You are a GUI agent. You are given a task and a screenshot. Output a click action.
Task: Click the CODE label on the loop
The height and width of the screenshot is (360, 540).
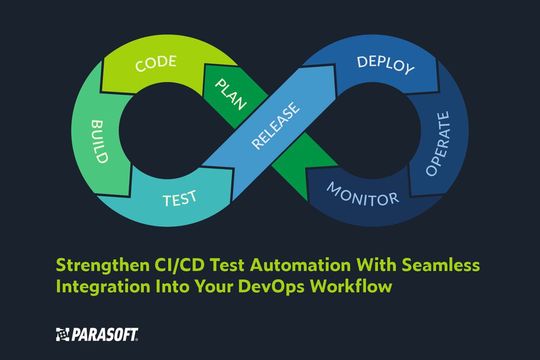[x=156, y=63]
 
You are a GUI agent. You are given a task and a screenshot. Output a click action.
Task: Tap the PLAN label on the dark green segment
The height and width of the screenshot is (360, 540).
[x=230, y=94]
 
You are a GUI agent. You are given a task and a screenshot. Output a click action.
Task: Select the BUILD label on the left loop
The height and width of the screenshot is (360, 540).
[x=100, y=141]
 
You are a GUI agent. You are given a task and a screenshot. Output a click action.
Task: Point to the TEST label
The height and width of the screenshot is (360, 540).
[x=180, y=199]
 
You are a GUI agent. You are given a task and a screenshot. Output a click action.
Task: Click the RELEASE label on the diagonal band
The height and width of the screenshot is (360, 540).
[x=276, y=125]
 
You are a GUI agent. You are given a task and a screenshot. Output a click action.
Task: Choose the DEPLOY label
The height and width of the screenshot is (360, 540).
[x=385, y=65]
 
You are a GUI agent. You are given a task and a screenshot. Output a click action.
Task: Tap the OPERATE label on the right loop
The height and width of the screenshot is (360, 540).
[x=438, y=143]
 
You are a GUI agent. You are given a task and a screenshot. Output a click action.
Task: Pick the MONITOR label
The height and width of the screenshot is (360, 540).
[x=362, y=195]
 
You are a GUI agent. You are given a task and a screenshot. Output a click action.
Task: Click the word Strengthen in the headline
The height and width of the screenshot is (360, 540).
[x=101, y=266]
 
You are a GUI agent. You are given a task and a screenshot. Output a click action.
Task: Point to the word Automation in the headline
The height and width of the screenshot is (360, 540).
[x=301, y=265]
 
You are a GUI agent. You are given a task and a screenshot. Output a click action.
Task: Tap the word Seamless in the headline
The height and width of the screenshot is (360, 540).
[x=441, y=265]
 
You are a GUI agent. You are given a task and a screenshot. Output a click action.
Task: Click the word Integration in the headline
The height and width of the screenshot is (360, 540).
[x=103, y=287]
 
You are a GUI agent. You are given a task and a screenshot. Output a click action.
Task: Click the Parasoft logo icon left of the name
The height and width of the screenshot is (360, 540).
[x=63, y=335]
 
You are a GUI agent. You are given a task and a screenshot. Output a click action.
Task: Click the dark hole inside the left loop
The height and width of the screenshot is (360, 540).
[x=169, y=131]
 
